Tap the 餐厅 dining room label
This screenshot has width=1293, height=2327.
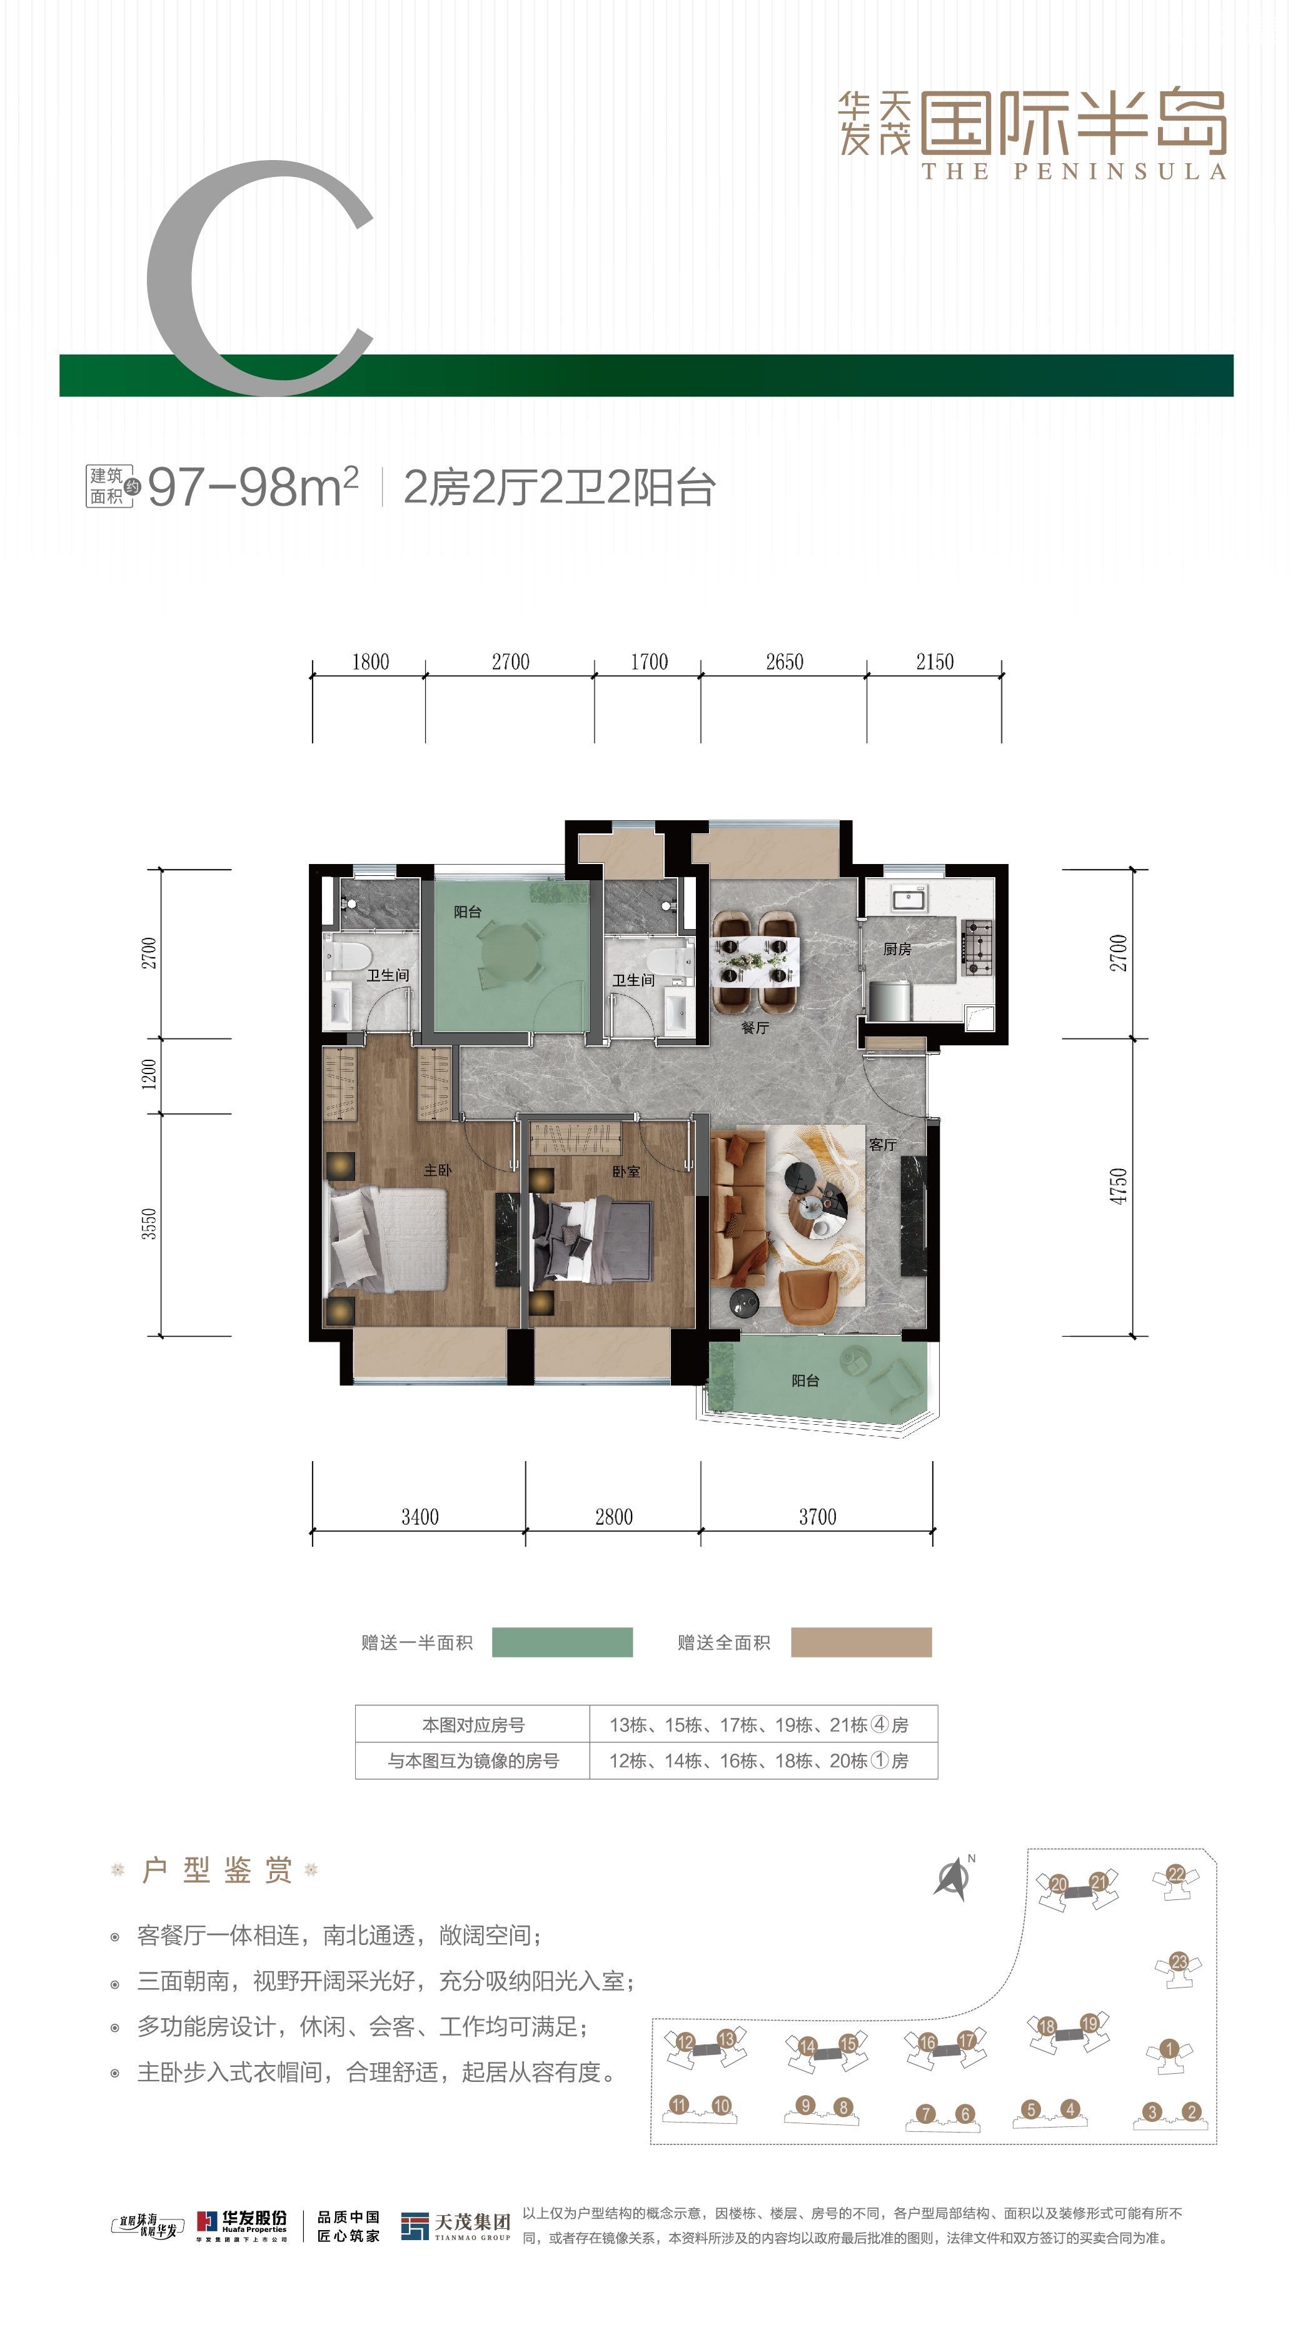tap(755, 1028)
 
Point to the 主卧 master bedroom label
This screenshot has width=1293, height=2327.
tap(437, 1170)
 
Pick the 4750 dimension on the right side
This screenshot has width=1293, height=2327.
tap(1119, 1185)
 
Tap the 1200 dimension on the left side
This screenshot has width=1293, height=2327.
tap(149, 1074)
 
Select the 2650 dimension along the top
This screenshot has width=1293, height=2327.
tap(784, 662)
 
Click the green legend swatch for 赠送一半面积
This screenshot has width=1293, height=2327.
tap(562, 1642)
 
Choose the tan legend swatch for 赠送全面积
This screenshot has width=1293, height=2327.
tap(861, 1642)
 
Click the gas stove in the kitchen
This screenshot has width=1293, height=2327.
tap(976, 948)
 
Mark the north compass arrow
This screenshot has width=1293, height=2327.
tap(952, 1879)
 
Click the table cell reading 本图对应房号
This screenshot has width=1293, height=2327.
tap(473, 1724)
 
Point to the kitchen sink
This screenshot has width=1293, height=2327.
tap(908, 898)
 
